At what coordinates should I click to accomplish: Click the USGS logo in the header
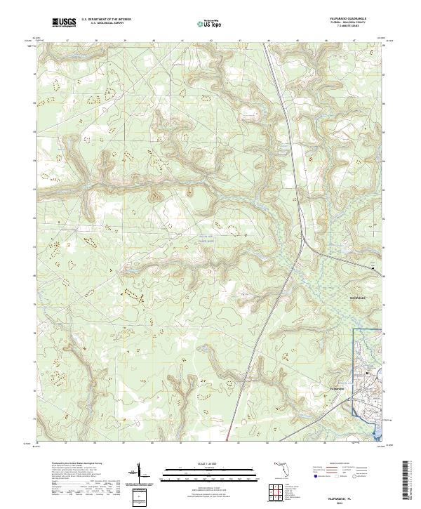[x=65, y=22]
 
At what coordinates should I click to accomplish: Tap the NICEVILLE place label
[x=359, y=298]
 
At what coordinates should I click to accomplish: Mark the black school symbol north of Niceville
[x=373, y=267]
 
